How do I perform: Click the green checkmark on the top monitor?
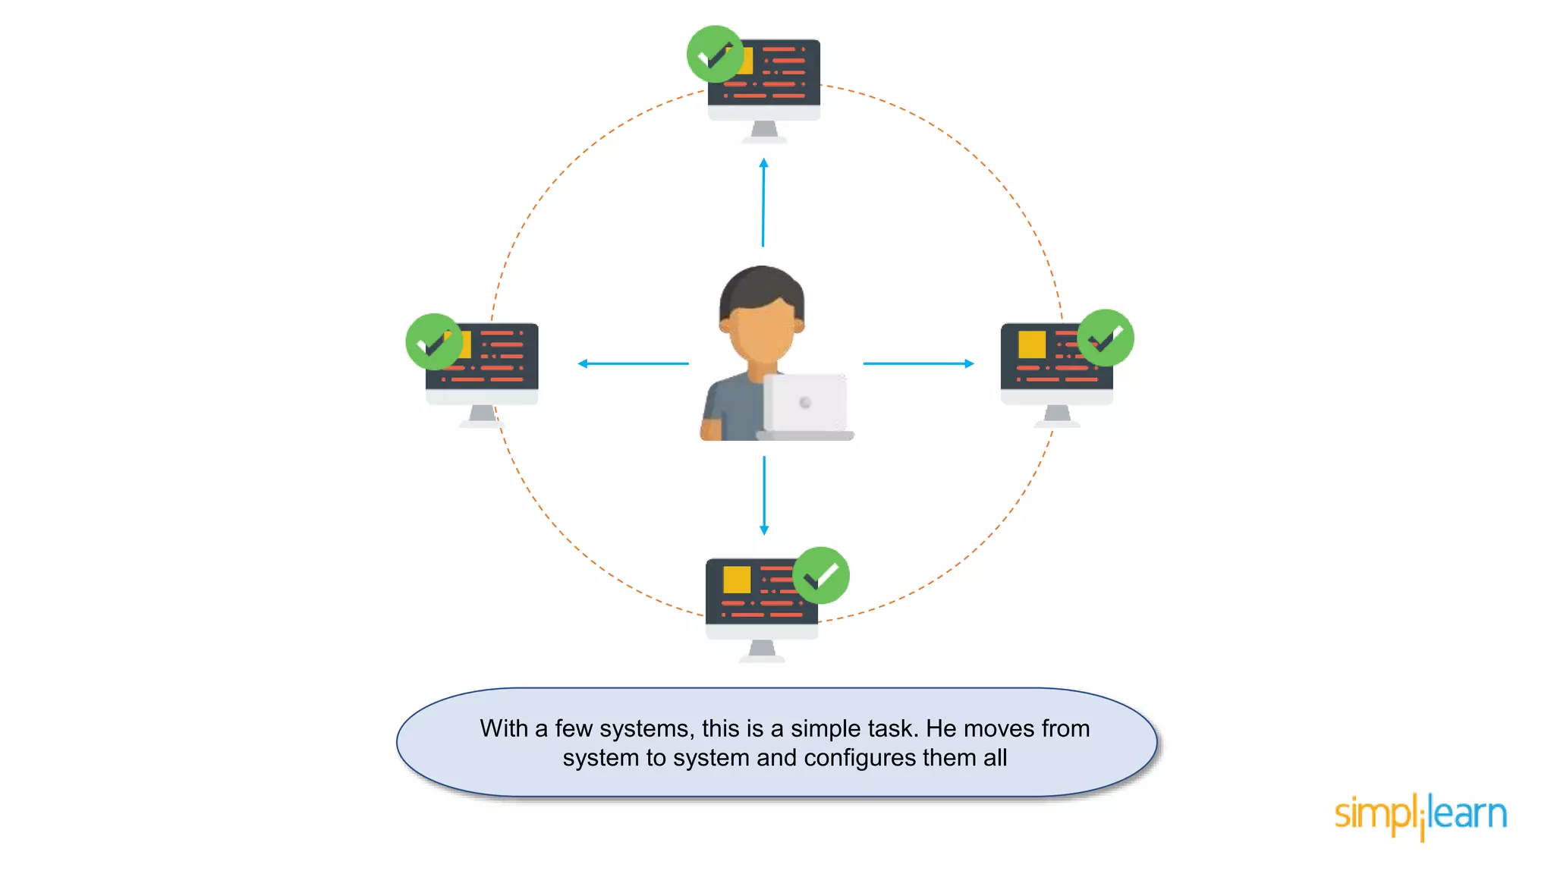tap(715, 54)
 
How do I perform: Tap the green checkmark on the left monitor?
tap(434, 342)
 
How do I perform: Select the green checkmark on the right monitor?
tap(1106, 338)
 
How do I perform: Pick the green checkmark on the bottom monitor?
tap(821, 575)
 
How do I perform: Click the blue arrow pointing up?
tap(763, 202)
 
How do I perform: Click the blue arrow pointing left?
tap(633, 363)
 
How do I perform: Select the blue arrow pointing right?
tap(918, 363)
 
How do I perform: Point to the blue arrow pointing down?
tap(764, 495)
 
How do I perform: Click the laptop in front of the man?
tap(805, 406)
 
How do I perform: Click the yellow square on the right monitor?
tap(1032, 344)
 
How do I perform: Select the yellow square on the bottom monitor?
tap(737, 580)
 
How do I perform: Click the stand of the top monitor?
tap(764, 131)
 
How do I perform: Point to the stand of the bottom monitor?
tap(762, 650)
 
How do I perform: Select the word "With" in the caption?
tap(504, 728)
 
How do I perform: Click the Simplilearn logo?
tap(1420, 816)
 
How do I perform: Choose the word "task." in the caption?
tap(893, 728)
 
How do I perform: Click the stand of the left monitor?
tap(482, 415)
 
